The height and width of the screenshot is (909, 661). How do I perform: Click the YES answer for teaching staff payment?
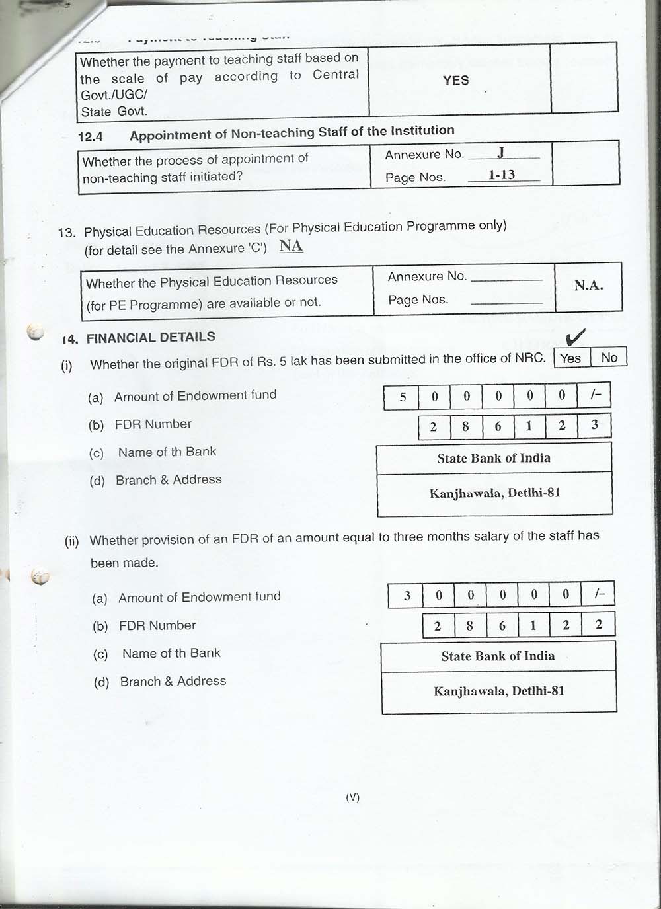pos(456,81)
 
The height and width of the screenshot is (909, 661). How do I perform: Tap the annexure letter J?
pos(501,153)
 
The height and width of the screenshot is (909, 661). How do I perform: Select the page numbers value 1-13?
pos(502,175)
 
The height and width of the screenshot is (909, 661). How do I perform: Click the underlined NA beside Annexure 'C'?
pos(291,246)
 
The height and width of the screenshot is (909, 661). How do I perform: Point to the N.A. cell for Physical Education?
pos(588,286)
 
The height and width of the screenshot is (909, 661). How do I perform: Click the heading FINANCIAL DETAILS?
pos(151,337)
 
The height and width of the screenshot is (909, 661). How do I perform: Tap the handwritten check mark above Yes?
pos(576,338)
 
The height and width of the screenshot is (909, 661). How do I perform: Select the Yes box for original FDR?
pos(570,358)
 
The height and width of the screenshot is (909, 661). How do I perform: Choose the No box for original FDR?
pos(609,358)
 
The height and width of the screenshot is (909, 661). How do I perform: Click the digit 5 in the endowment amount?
pos(403,397)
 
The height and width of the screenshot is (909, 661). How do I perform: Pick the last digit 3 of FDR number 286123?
pos(594,425)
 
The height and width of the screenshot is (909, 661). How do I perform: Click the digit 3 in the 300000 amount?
pos(407,596)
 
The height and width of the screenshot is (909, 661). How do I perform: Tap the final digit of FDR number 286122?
pos(598,625)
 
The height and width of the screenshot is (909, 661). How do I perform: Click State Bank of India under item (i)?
pos(494,458)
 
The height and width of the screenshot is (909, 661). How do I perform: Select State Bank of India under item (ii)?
pos(498,656)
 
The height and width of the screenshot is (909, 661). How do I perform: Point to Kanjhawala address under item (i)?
pos(494,493)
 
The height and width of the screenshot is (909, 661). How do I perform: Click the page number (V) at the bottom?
pos(352,797)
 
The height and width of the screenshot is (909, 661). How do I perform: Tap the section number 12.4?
pos(91,137)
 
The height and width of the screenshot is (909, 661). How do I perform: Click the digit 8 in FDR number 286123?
pos(465,426)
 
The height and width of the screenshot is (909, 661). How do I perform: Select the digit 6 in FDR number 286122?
pos(502,625)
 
